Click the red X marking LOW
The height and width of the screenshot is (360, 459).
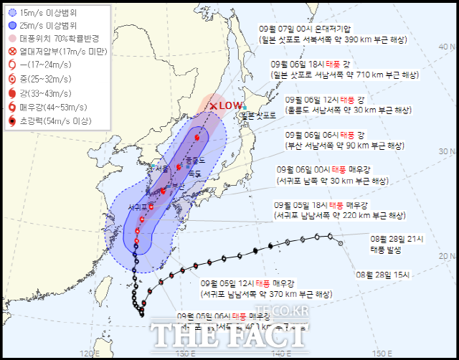pyautogui.click(x=214, y=106)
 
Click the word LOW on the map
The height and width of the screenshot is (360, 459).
pyautogui.click(x=231, y=105)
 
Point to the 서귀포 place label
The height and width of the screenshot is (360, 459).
pyautogui.click(x=138, y=207)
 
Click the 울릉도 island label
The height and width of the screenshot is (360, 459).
pyautogui.click(x=194, y=160)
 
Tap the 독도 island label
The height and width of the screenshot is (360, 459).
pyautogui.click(x=194, y=174)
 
